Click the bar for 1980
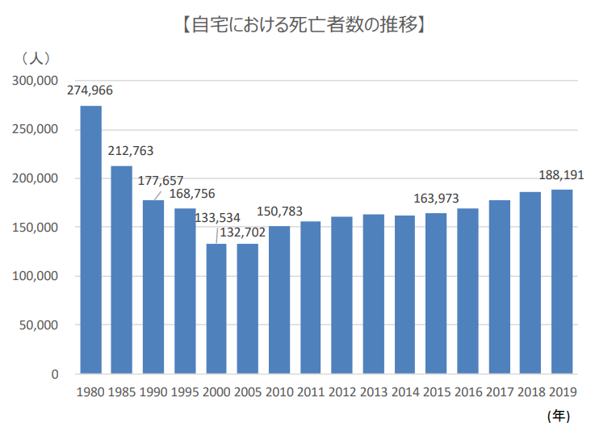90,240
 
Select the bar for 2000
216,308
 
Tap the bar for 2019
562,282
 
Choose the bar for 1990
153,287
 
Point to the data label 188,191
560,174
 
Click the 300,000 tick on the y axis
35,81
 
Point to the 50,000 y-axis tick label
38,325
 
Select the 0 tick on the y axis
55,375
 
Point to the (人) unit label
37,58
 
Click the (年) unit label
559,415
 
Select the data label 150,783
279,211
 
